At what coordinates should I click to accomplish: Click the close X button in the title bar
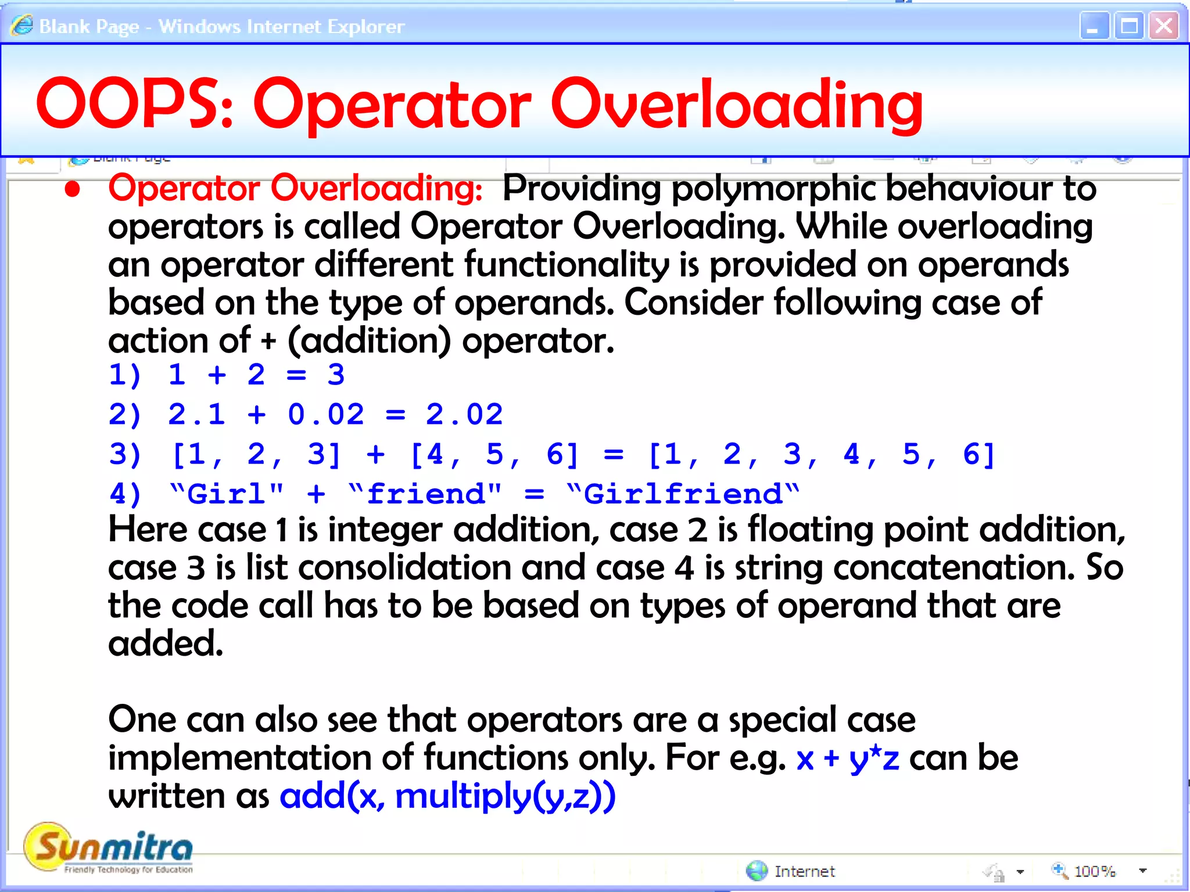tap(1163, 26)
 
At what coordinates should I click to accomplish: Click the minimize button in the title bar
tap(1094, 26)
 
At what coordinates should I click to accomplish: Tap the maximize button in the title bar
tap(1129, 26)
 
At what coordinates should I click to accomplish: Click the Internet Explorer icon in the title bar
tap(22, 26)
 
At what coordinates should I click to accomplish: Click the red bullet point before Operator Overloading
tap(72, 190)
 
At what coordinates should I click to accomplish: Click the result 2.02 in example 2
tap(464, 415)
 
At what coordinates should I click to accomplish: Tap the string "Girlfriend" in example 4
tap(683, 494)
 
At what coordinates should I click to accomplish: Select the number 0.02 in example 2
tap(325, 415)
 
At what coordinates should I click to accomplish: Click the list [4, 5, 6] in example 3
tap(494, 454)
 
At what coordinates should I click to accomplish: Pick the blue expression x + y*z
tap(847, 758)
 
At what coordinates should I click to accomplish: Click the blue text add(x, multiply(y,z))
tap(447, 796)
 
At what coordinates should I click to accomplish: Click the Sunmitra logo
tap(108, 848)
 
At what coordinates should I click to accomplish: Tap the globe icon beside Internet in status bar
tap(757, 871)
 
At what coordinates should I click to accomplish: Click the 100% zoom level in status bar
tap(1094, 871)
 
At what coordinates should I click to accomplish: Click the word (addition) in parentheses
tap(370, 341)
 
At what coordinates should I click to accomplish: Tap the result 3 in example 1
tap(336, 375)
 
